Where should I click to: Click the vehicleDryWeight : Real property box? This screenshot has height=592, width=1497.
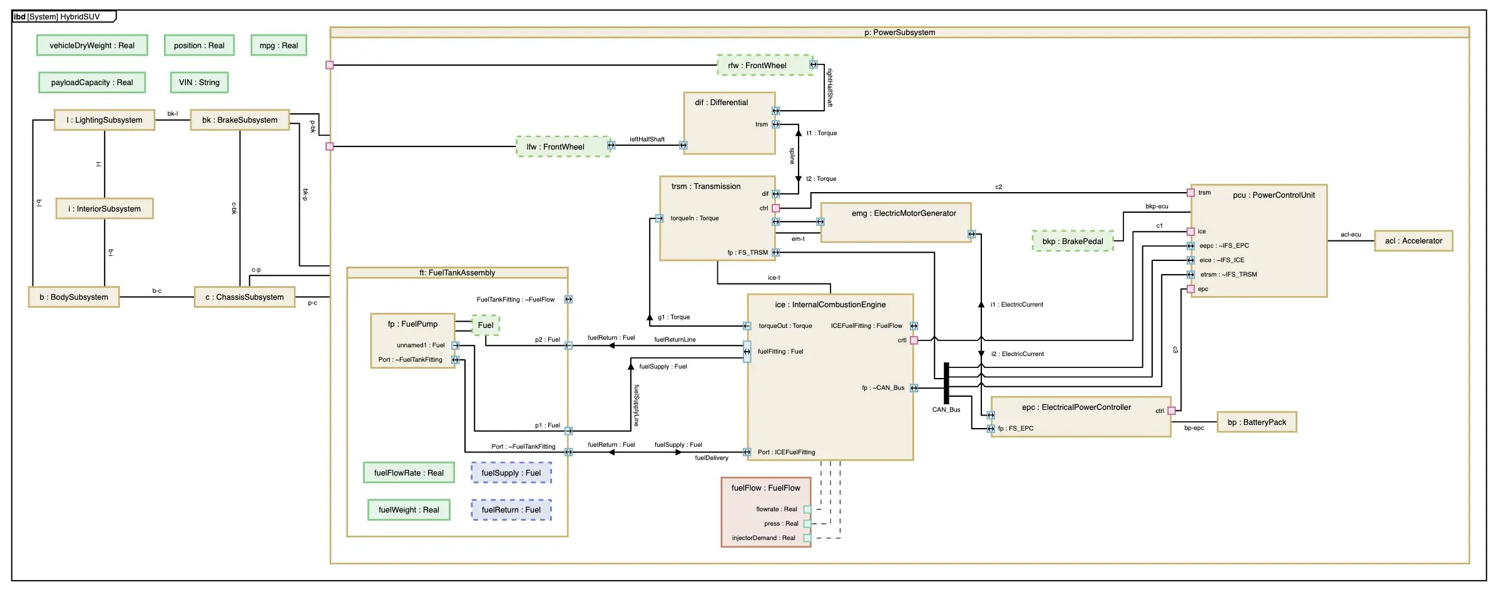coord(92,45)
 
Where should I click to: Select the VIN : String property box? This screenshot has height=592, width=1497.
coord(199,82)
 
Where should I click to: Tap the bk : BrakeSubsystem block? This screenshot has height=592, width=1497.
coord(240,120)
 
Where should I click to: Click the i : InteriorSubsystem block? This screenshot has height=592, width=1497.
coord(105,208)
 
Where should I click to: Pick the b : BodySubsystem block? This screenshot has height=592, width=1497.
coord(74,297)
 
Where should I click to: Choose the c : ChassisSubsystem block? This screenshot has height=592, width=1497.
coord(245,297)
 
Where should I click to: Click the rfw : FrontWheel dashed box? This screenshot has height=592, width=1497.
coord(765,65)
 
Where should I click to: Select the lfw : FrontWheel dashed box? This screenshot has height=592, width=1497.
coord(563,146)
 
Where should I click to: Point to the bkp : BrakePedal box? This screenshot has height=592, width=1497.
coord(1073,241)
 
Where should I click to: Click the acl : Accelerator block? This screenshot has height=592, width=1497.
coord(1413,240)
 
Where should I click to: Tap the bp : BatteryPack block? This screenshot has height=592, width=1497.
coord(1257,422)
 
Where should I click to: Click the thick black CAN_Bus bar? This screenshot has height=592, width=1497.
coord(946,383)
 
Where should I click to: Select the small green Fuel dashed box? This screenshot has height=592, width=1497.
coord(486,325)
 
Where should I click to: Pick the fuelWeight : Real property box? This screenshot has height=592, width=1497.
coord(409,509)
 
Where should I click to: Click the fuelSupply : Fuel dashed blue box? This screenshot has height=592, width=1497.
coord(511,472)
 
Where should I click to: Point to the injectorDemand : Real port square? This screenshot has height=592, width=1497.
coord(807,538)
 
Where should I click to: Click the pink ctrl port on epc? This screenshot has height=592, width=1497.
coord(1172,411)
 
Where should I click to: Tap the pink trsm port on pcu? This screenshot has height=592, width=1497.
coord(1191,193)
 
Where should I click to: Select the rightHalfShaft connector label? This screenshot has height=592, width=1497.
coord(830,88)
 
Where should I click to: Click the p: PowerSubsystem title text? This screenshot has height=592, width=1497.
coord(900,33)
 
